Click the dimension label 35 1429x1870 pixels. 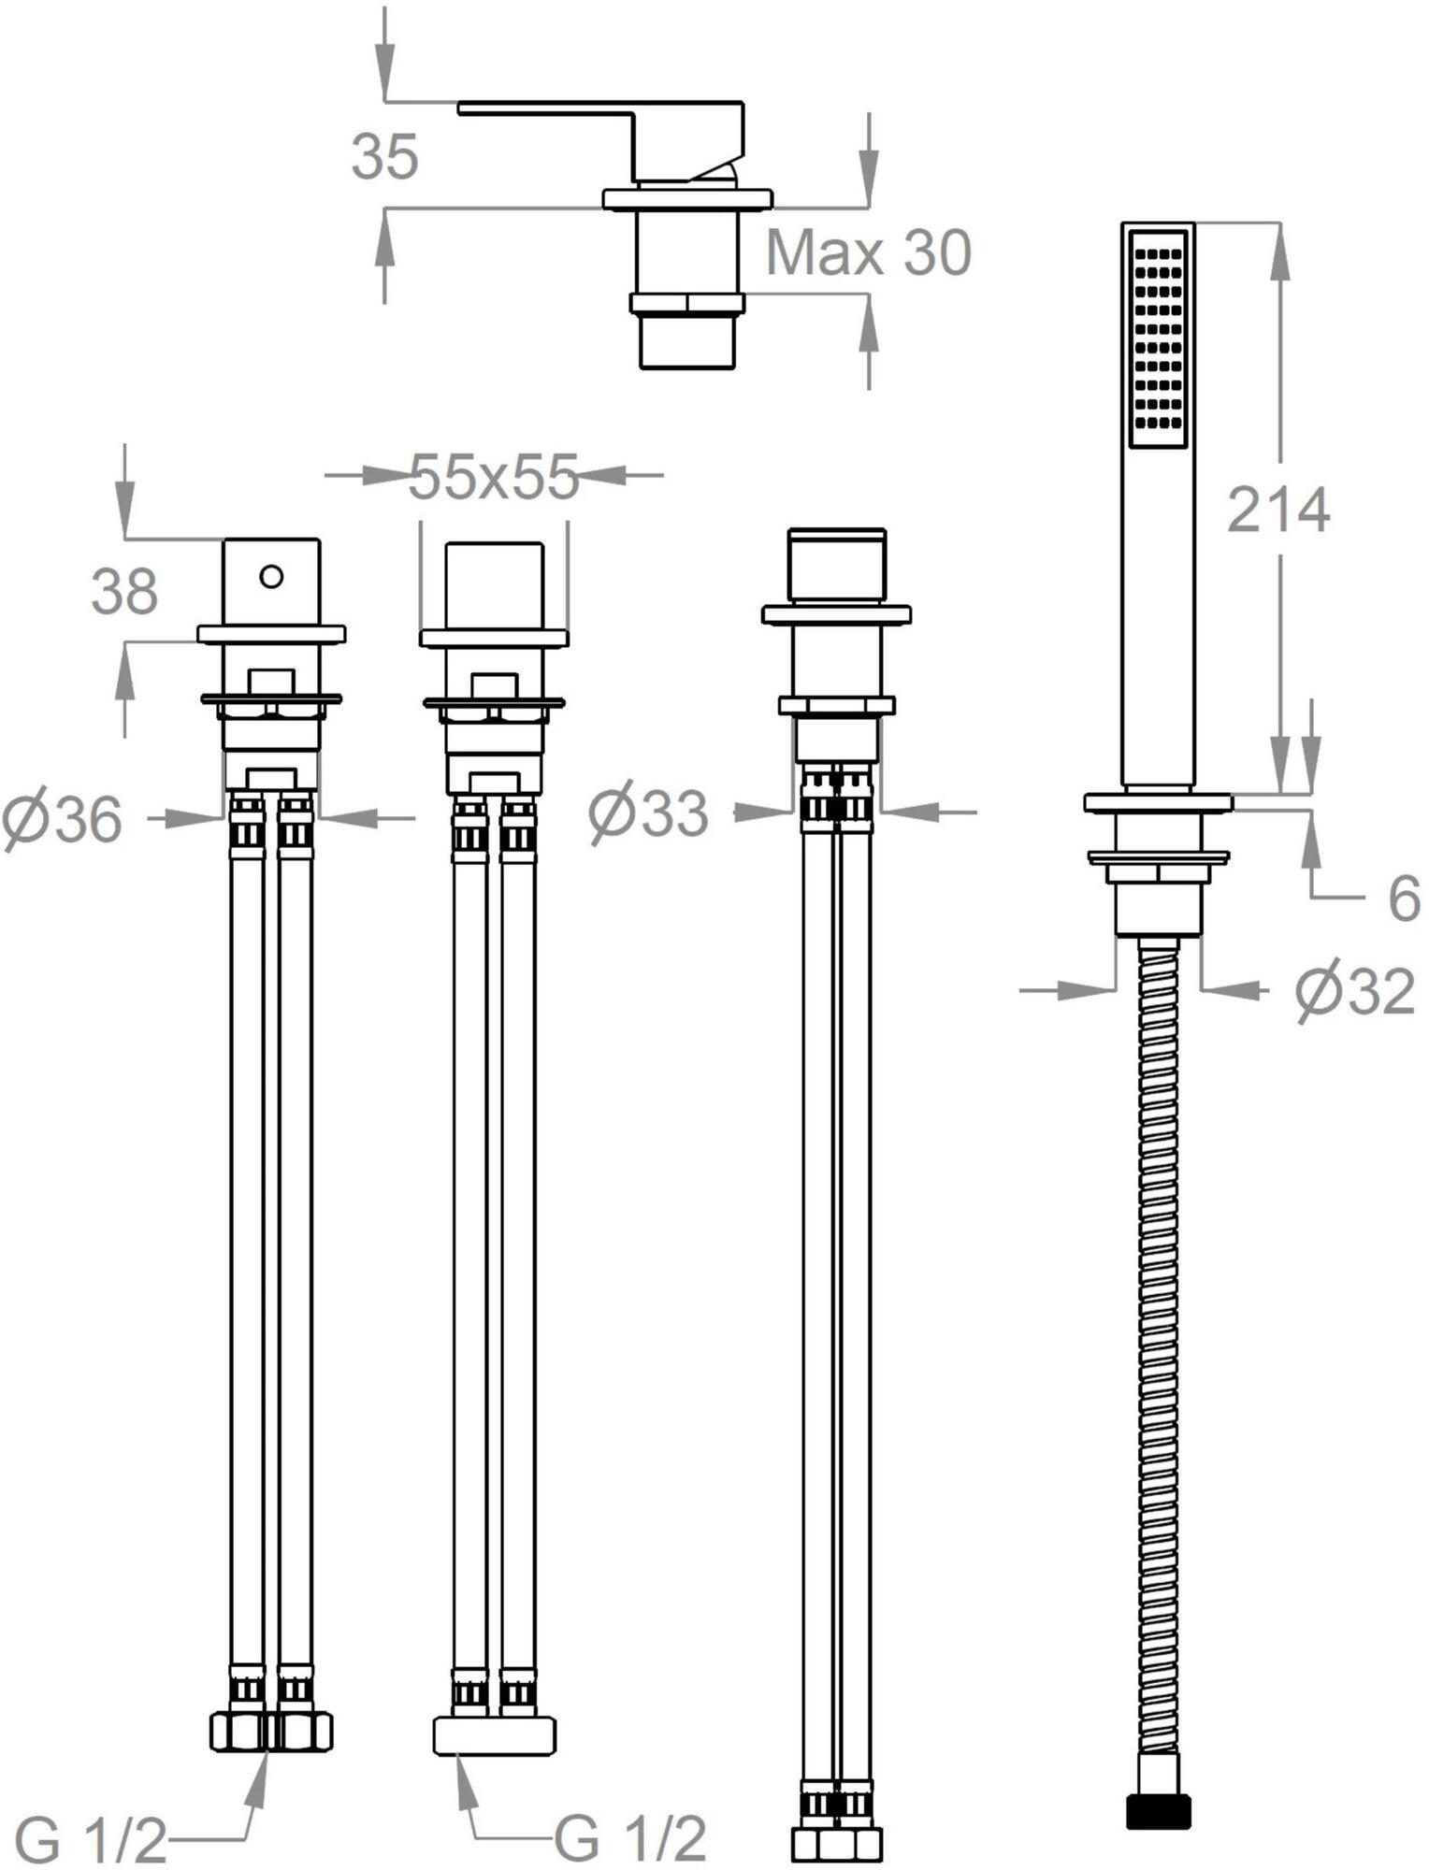(x=384, y=156)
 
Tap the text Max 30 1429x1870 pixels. (x=869, y=252)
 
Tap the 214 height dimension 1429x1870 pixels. (x=1277, y=511)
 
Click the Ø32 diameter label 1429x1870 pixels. (x=1355, y=991)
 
